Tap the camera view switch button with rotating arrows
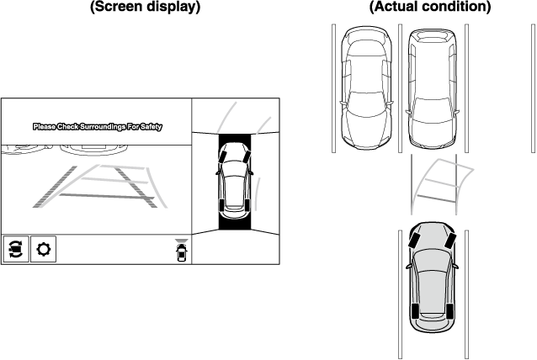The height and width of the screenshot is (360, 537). pyautogui.click(x=16, y=250)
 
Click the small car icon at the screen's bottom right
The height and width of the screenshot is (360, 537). pyautogui.click(x=181, y=252)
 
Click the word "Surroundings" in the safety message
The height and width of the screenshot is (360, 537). pyautogui.click(x=104, y=127)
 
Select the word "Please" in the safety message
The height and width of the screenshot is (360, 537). pyautogui.click(x=44, y=127)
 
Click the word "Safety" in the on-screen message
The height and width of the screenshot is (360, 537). pyautogui.click(x=151, y=127)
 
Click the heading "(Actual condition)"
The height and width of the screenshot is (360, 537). pyautogui.click(x=430, y=8)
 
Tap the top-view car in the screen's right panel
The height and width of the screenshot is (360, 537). pyautogui.click(x=233, y=180)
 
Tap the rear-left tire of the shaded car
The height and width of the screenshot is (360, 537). pyautogui.click(x=413, y=312)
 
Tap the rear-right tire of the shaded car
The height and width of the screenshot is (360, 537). pyautogui.click(x=449, y=312)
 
